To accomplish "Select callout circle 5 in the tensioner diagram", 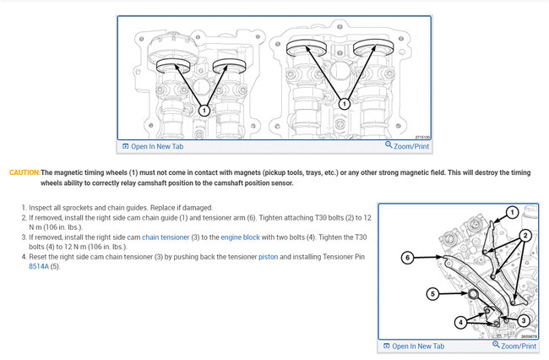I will tap(431, 294).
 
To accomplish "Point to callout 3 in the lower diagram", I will tap(524, 320).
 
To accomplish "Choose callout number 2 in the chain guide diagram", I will tap(525, 235).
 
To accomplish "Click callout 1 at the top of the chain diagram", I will tap(512, 212).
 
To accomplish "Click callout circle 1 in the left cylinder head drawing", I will tap(204, 109).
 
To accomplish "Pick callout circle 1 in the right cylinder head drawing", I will tap(344, 102).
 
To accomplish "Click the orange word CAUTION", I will tap(24, 172).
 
